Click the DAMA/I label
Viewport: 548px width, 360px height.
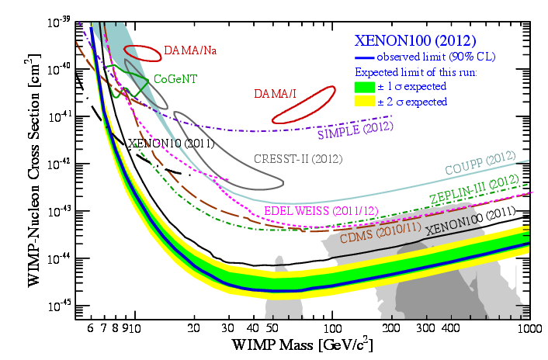[275, 94]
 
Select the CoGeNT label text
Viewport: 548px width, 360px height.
[174, 78]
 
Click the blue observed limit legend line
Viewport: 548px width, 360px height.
[364, 57]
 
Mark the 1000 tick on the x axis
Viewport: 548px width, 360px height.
[529, 327]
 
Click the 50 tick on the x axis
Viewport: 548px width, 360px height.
[272, 327]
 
